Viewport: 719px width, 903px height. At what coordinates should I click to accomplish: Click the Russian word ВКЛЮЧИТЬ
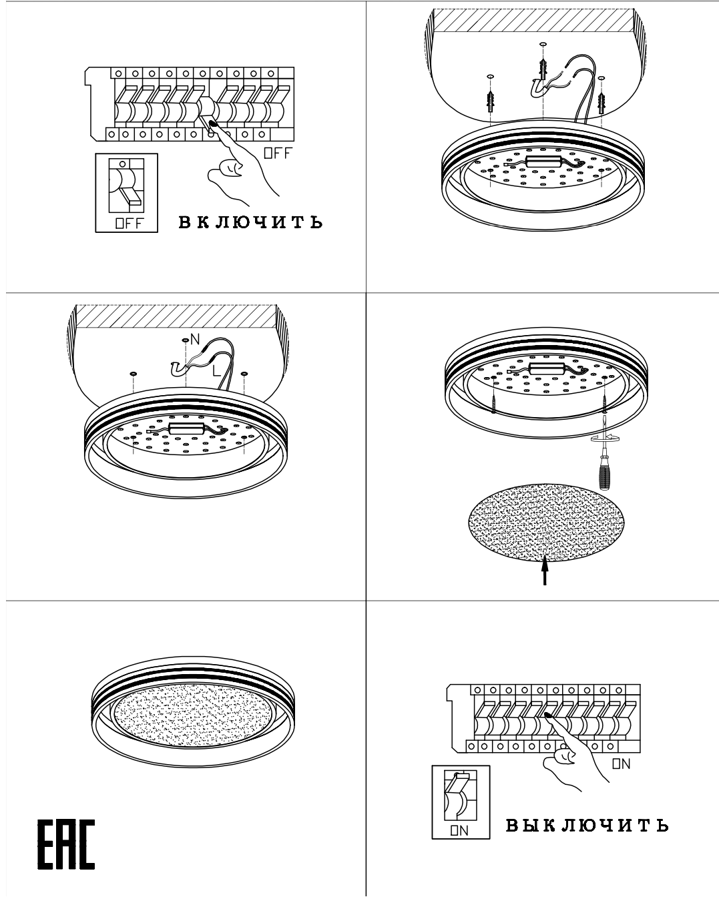250,222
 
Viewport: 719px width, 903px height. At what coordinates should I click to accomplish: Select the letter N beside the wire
195,339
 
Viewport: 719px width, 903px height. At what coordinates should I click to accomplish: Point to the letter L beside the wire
216,370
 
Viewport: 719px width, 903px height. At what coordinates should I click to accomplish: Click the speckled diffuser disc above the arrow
546,523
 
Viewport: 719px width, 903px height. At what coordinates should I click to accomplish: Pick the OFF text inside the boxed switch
130,224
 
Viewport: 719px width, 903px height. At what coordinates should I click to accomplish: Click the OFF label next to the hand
277,154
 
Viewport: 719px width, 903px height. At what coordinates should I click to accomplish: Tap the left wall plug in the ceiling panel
490,102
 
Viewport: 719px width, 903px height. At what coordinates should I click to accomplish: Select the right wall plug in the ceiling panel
602,103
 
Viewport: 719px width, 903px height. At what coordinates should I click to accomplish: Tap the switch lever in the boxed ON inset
461,780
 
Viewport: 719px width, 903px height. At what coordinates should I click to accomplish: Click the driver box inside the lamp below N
186,428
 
